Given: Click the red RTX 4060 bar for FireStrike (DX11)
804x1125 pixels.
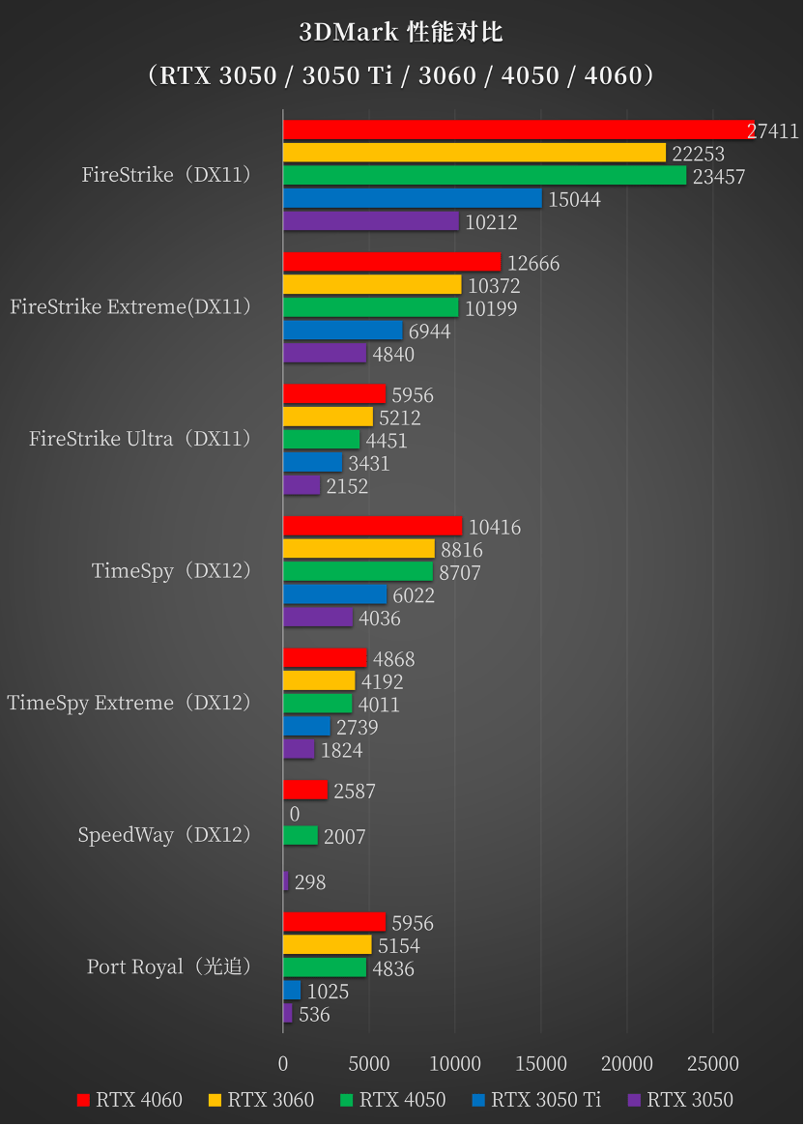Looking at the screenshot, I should point(518,130).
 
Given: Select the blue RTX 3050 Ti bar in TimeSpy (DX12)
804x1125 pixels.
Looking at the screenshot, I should point(334,595).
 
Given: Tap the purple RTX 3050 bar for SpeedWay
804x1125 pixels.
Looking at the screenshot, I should point(286,881).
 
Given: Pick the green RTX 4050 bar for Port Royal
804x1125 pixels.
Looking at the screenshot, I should point(325,968).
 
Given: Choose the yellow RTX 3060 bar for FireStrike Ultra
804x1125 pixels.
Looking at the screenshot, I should point(328,418).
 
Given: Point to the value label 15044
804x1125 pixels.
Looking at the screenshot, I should point(574,200).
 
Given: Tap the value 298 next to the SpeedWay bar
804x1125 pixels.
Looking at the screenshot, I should point(310,882).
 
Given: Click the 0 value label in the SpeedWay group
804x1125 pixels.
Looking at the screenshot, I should point(295,815).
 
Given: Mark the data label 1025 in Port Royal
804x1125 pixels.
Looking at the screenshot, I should point(328,992).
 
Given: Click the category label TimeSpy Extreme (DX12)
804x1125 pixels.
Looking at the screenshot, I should point(129,703).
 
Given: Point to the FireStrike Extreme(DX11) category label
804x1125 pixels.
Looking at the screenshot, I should point(130,307).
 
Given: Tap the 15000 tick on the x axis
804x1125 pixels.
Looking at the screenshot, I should point(541,1064).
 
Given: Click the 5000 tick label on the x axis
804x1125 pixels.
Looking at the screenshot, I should point(369,1064).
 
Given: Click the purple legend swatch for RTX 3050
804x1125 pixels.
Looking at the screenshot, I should point(635,1100).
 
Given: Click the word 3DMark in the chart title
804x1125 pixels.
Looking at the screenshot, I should point(343,33).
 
